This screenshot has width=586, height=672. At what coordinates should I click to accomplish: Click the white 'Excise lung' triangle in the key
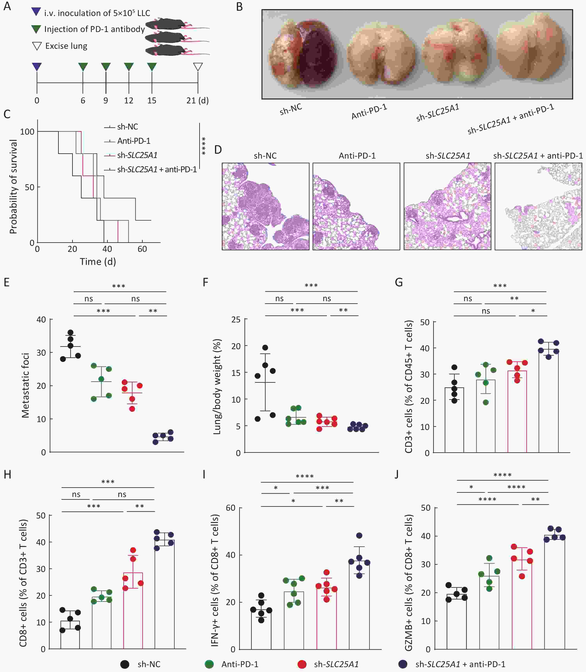point(37,46)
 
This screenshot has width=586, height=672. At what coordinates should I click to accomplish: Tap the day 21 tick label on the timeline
point(197,100)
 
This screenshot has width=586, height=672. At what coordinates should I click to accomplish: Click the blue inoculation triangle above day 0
point(37,67)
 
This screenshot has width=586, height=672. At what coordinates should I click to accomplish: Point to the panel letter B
point(239,7)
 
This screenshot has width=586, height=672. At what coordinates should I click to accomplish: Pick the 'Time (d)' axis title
point(98,261)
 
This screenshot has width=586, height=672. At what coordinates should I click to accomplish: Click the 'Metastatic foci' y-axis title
point(26,385)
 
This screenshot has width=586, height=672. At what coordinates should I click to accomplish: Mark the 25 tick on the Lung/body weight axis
point(236,320)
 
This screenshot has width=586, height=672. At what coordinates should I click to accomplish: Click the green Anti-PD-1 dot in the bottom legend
point(209,664)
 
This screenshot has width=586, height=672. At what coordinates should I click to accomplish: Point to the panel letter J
point(397,474)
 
